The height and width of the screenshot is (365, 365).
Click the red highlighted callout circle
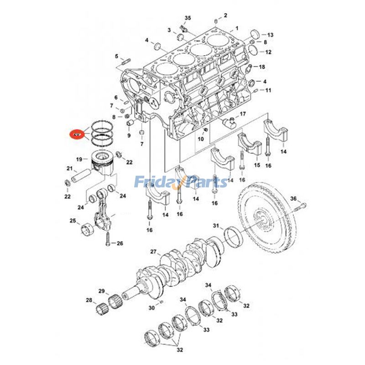click(77, 135)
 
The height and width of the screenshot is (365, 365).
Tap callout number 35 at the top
click(187, 18)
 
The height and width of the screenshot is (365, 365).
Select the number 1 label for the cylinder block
click(237, 28)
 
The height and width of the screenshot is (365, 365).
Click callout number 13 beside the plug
click(270, 35)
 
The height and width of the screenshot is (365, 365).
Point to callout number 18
click(262, 67)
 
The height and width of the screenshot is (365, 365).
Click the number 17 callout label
click(243, 114)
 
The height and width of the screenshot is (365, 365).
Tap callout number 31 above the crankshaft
click(216, 225)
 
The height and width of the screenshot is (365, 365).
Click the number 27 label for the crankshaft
click(153, 251)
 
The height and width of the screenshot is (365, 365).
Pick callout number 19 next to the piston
click(79, 159)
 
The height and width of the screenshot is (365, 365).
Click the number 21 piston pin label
click(70, 169)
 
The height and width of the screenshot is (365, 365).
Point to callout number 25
click(73, 221)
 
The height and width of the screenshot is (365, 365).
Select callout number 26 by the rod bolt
click(120, 243)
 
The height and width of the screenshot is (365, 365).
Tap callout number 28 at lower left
click(89, 300)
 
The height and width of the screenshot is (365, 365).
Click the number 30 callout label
click(151, 308)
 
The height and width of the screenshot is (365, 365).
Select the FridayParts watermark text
click(182, 182)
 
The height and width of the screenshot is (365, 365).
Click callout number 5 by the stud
click(116, 57)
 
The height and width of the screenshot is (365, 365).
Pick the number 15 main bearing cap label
click(257, 165)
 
